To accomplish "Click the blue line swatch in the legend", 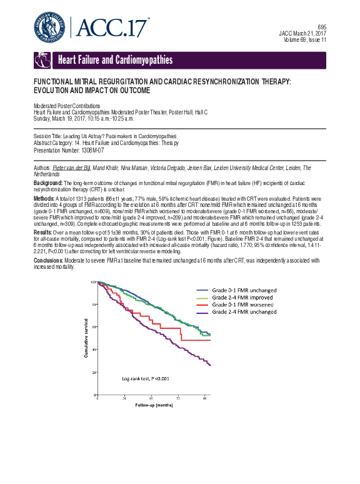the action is [202, 291].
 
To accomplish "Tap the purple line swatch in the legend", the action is [202, 311].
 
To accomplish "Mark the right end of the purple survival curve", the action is [209, 365].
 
